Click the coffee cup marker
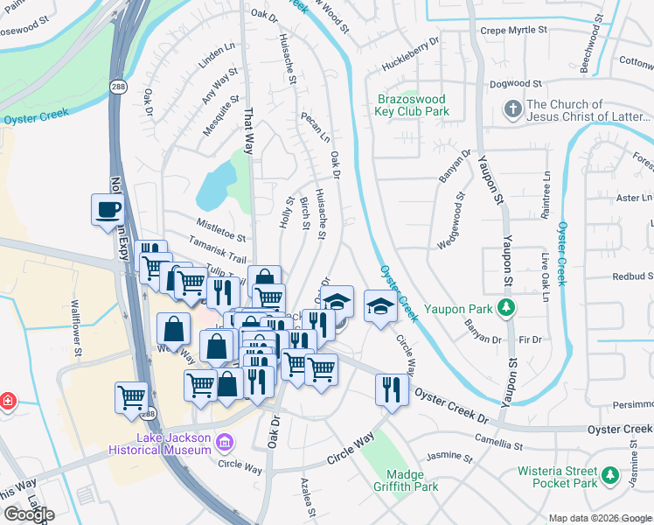tap(108, 209)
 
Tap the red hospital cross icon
tap(7, 401)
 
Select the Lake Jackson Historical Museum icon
tap(226, 442)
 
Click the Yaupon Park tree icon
tap(504, 307)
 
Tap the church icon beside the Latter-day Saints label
tap(513, 110)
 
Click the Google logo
tap(29, 514)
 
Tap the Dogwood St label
tap(516, 84)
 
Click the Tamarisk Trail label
tap(215, 254)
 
